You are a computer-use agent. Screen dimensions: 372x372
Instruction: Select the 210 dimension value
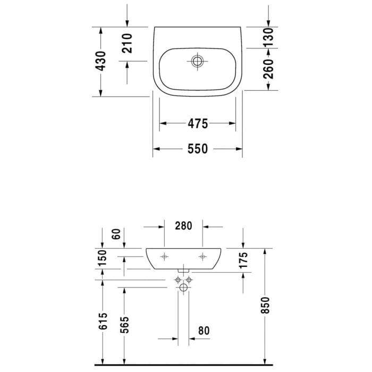click(126, 43)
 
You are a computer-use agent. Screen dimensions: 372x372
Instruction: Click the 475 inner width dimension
click(197, 123)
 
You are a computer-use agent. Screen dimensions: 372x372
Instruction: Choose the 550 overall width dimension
click(197, 149)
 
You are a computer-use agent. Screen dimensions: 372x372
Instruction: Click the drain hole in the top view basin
click(197, 61)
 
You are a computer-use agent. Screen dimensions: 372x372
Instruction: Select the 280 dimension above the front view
click(183, 226)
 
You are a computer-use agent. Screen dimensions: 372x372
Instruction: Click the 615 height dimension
click(103, 322)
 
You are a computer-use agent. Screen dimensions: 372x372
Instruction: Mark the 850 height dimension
click(266, 305)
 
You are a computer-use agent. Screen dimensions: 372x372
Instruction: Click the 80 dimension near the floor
click(204, 331)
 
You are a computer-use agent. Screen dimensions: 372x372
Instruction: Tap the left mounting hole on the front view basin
click(164, 256)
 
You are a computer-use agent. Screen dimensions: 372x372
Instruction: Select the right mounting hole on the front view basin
click(202, 256)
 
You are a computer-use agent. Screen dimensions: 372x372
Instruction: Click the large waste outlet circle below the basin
click(183, 288)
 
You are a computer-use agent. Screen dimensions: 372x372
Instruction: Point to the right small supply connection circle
click(189, 280)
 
